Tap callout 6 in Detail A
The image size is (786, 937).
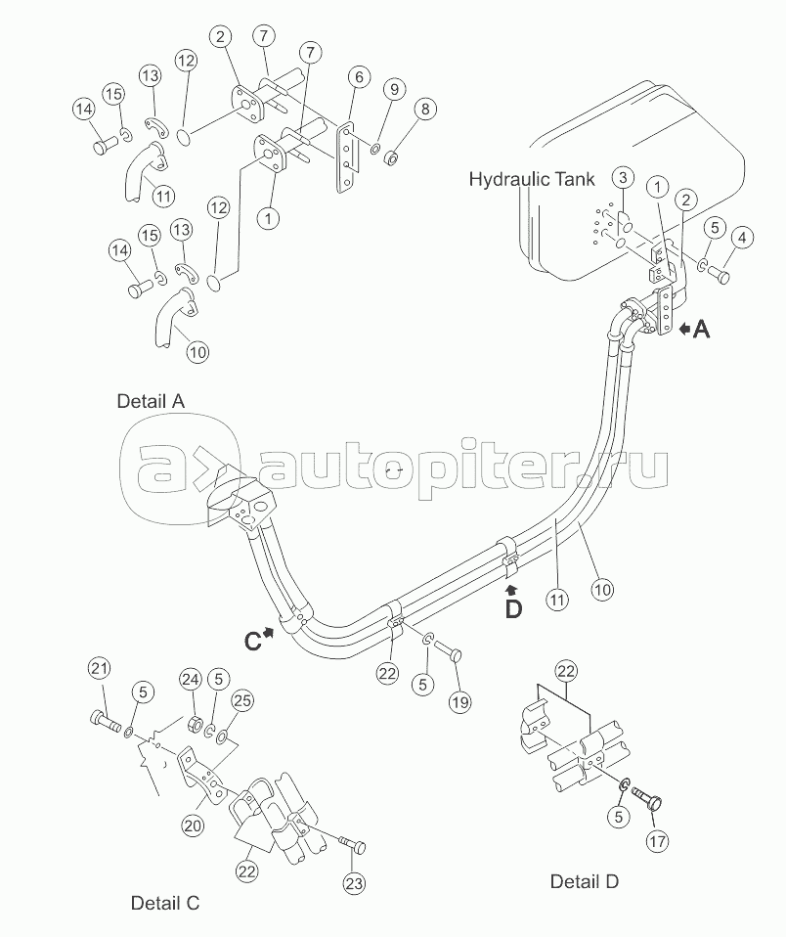(359, 77)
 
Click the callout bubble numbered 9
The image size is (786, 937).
(393, 89)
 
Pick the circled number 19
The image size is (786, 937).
(459, 700)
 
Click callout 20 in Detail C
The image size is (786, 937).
(193, 825)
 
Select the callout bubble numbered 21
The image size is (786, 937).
(98, 668)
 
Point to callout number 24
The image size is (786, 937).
(190, 679)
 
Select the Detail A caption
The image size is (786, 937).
(150, 400)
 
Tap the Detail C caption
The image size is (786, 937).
(165, 903)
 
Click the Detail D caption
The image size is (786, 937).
(585, 881)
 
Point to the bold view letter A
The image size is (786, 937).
(701, 331)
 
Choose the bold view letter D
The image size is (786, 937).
(513, 608)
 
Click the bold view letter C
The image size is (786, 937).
(253, 641)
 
